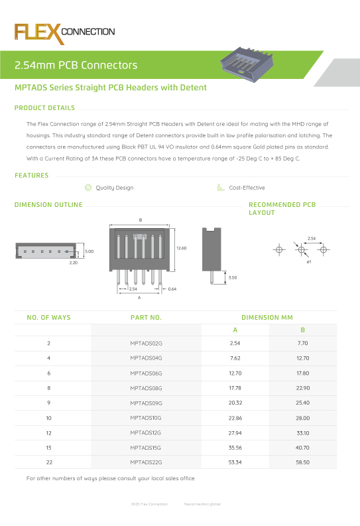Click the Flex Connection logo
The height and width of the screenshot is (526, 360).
tap(65, 33)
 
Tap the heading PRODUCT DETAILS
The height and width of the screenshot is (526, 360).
tap(44, 108)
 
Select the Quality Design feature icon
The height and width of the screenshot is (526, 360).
tap(89, 188)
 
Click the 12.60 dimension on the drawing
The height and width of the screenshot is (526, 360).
tap(181, 247)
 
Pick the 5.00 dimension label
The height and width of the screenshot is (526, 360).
tap(89, 251)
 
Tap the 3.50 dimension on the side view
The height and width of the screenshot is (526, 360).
tap(232, 277)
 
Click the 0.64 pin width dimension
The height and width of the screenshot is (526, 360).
tap(172, 289)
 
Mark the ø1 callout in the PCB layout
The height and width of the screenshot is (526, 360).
tap(309, 263)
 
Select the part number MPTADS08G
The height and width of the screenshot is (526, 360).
tap(146, 388)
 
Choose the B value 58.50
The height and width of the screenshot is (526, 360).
tap(302, 462)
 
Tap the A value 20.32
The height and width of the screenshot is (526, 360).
tap(235, 403)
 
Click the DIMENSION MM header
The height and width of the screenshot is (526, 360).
tap(267, 318)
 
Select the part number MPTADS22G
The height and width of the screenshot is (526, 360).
tap(146, 462)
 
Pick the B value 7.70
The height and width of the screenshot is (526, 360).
tap(302, 344)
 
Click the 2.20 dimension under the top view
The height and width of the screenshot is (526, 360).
tap(74, 263)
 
